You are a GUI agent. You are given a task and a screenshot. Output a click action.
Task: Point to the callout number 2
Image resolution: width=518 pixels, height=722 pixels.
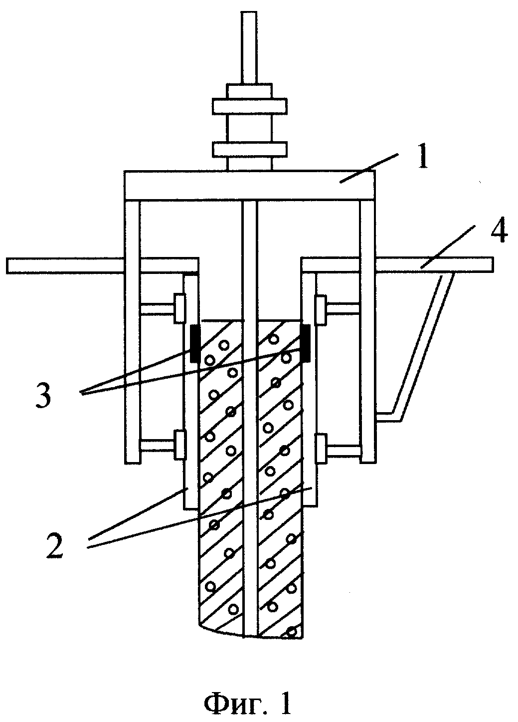[x=54, y=546]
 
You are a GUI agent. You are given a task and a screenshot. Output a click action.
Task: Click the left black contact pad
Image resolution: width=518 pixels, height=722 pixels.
[x=194, y=344]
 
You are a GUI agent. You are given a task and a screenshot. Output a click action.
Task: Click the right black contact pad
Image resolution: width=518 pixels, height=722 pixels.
[x=305, y=344]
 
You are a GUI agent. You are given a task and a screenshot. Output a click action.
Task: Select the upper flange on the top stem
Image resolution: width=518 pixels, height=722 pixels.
[x=250, y=106]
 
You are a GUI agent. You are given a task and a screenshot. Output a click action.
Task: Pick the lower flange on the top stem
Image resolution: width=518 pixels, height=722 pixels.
[x=250, y=150]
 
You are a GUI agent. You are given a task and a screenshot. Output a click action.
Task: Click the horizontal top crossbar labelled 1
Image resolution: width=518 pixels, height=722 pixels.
[x=250, y=185]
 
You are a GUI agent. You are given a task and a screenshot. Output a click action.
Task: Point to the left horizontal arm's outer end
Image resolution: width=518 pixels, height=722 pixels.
[x=7, y=265]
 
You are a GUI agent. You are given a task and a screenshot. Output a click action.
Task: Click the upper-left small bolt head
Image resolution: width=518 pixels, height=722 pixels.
[x=180, y=308]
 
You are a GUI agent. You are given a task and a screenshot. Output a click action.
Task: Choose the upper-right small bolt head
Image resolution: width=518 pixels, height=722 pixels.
[x=321, y=310]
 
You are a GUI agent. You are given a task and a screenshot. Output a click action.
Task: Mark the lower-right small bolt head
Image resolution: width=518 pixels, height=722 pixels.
[x=321, y=449]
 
